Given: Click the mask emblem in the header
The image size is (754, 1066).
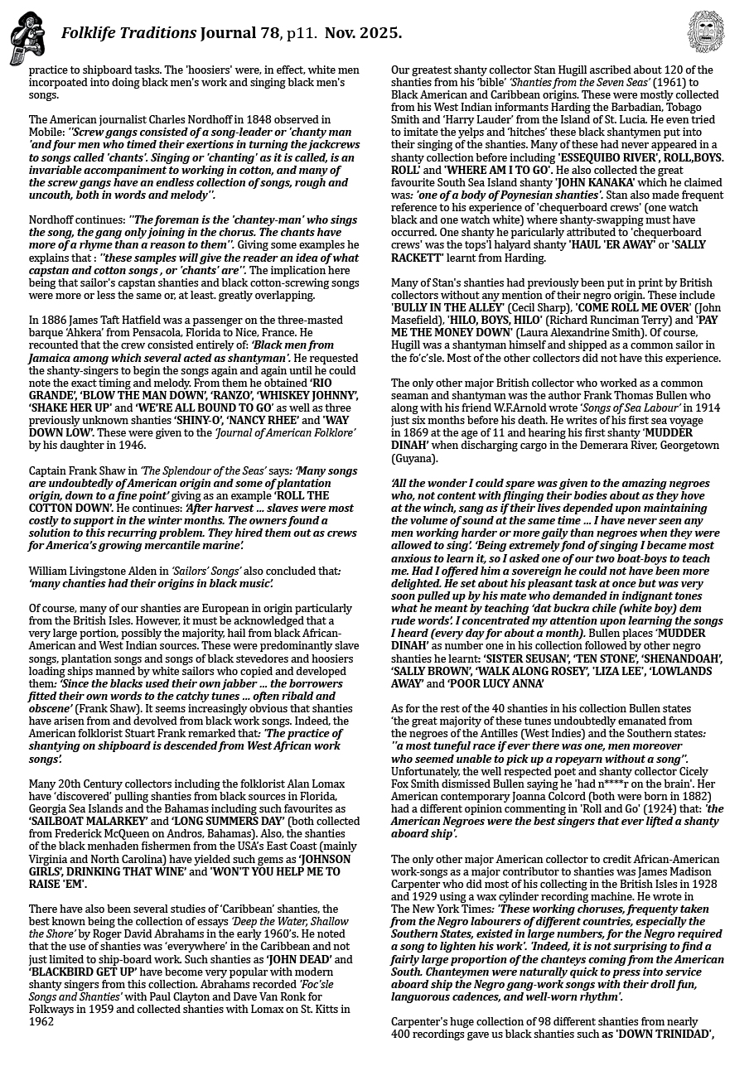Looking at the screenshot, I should point(706,32).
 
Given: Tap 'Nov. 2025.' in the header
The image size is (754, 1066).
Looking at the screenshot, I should point(363,34).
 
